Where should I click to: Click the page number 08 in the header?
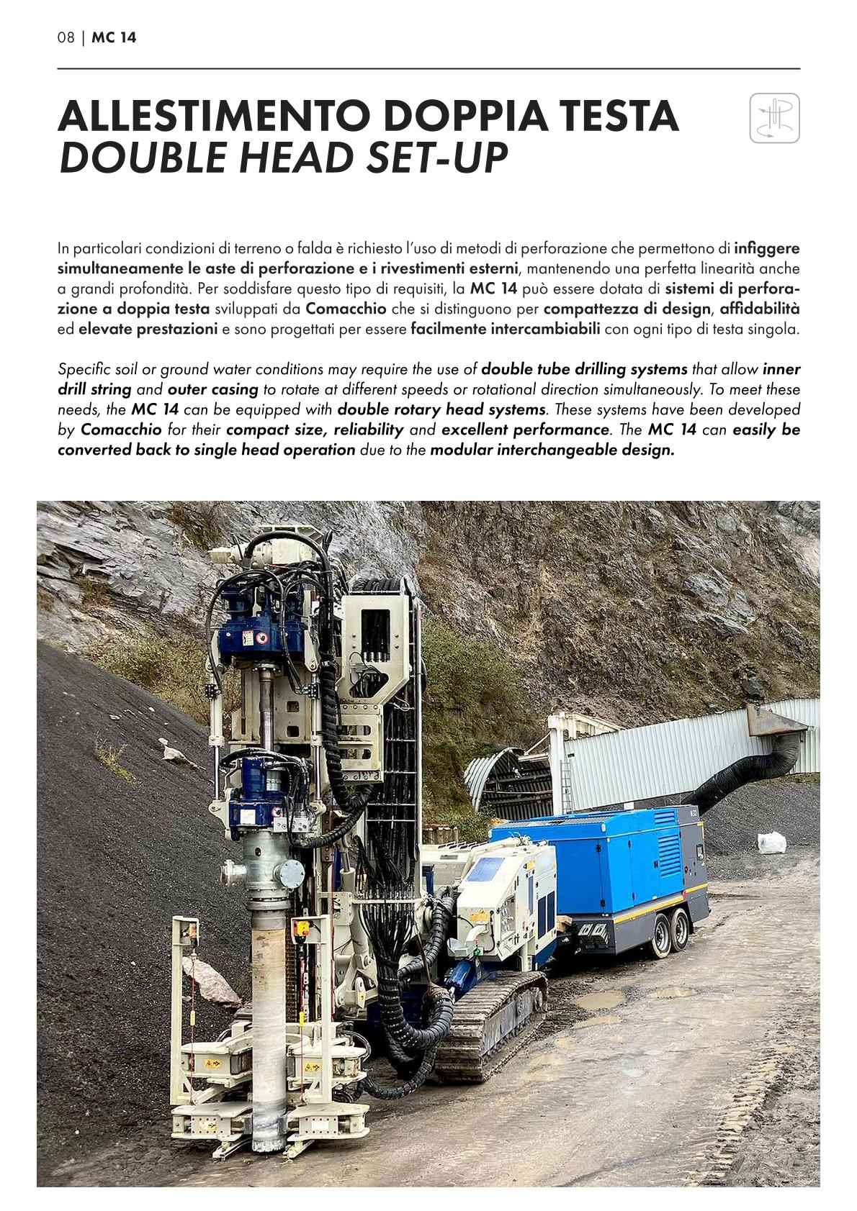(x=66, y=38)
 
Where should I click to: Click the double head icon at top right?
(x=774, y=118)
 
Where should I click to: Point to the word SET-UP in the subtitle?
(x=437, y=158)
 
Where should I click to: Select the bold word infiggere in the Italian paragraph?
(x=766, y=249)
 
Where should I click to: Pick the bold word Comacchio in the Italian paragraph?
(x=346, y=309)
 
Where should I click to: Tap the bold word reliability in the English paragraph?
(x=368, y=430)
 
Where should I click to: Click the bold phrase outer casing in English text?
(x=213, y=390)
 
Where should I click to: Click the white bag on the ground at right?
(x=771, y=842)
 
